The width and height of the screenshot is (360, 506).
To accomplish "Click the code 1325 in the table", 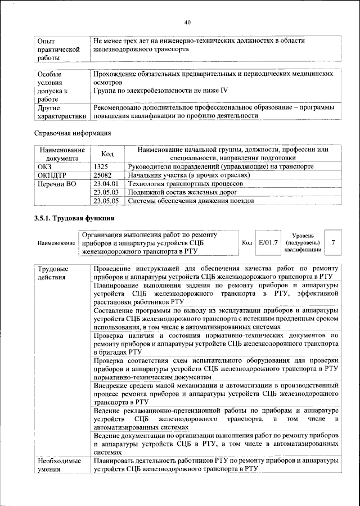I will (x=102, y=167).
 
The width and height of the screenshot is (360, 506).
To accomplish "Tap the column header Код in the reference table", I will (x=107, y=154).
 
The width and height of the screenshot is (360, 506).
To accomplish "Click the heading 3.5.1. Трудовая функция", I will (x=75, y=218).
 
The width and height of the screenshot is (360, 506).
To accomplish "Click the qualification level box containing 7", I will (x=334, y=242).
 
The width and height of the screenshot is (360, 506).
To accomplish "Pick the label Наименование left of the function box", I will (x=56, y=243).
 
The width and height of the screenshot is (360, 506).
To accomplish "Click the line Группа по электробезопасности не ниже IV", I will (x=160, y=90).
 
